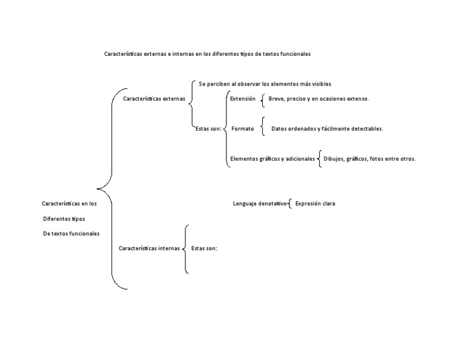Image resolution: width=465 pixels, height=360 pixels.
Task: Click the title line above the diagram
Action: click(x=207, y=54)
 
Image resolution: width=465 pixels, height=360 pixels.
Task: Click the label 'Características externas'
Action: click(x=154, y=98)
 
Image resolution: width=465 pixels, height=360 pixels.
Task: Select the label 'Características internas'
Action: click(x=149, y=248)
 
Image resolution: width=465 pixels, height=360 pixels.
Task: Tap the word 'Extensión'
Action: click(x=243, y=98)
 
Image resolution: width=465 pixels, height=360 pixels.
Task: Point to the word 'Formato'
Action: click(x=243, y=128)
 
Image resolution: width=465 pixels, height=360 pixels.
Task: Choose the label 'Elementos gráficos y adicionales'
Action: click(x=272, y=159)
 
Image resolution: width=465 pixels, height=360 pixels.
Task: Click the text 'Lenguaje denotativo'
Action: click(x=259, y=204)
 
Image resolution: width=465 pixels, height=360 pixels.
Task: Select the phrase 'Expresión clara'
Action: click(x=315, y=204)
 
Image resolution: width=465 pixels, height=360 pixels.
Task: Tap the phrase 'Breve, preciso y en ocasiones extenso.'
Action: click(x=318, y=98)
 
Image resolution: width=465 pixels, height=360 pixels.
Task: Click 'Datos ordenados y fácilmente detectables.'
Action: click(x=327, y=128)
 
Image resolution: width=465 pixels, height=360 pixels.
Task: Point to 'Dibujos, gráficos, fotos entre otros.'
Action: click(x=369, y=159)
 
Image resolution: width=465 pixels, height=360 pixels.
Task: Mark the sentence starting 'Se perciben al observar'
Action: click(x=265, y=84)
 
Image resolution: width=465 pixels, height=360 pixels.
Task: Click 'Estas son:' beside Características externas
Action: click(x=208, y=128)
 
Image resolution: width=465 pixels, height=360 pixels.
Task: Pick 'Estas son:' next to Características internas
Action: click(x=204, y=248)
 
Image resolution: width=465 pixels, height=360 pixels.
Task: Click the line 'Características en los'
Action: click(x=69, y=204)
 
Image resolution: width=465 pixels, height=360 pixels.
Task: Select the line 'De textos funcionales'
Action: click(x=71, y=233)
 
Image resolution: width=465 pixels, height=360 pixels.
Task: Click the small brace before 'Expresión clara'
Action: click(x=290, y=204)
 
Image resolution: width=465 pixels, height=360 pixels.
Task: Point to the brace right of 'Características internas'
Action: click(x=185, y=248)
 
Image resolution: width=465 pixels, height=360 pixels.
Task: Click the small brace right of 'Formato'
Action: click(x=263, y=127)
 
